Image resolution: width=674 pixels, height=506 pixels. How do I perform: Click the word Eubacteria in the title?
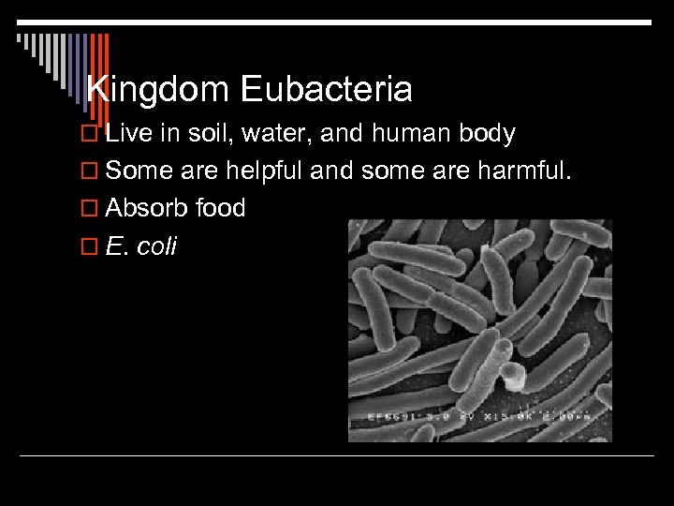pyautogui.click(x=326, y=90)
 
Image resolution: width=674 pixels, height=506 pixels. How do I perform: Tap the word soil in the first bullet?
pyautogui.click(x=207, y=134)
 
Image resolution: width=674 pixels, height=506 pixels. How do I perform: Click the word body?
pyautogui.click(x=487, y=134)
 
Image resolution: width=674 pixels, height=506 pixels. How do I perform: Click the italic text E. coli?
pyautogui.click(x=141, y=246)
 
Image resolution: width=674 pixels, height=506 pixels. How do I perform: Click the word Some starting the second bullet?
pyautogui.click(x=137, y=171)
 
